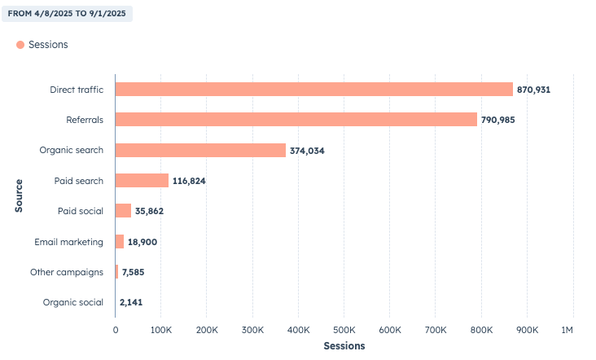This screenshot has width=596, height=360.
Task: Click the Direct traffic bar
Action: pyautogui.click(x=313, y=89)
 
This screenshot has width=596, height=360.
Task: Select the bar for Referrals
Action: pyautogui.click(x=296, y=120)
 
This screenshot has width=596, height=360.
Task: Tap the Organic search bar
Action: pyautogui.click(x=200, y=150)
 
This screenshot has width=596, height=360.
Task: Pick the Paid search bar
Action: pyautogui.click(x=142, y=181)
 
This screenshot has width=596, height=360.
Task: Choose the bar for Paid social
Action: pyautogui.click(x=123, y=211)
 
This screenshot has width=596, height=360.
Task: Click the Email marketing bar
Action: pyautogui.click(x=120, y=242)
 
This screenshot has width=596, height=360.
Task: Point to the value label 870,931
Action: pyautogui.click(x=533, y=89)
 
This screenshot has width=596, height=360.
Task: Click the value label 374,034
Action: pyautogui.click(x=307, y=151)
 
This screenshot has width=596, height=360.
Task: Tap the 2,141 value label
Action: pyautogui.click(x=131, y=303)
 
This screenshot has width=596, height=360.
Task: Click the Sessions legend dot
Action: pyautogui.click(x=20, y=45)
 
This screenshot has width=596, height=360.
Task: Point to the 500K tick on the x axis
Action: pyautogui.click(x=344, y=329)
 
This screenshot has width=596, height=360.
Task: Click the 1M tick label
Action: pyautogui.click(x=568, y=329)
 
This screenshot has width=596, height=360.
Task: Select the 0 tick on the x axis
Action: pyautogui.click(x=116, y=329)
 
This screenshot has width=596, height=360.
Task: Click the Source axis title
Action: pyautogui.click(x=18, y=195)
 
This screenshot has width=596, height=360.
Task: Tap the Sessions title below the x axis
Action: pyautogui.click(x=344, y=346)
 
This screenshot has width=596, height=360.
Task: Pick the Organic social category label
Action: pyautogui.click(x=73, y=303)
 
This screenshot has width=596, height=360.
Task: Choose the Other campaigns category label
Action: pyautogui.click(x=67, y=272)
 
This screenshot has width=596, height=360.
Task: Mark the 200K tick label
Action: pyautogui.click(x=207, y=329)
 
